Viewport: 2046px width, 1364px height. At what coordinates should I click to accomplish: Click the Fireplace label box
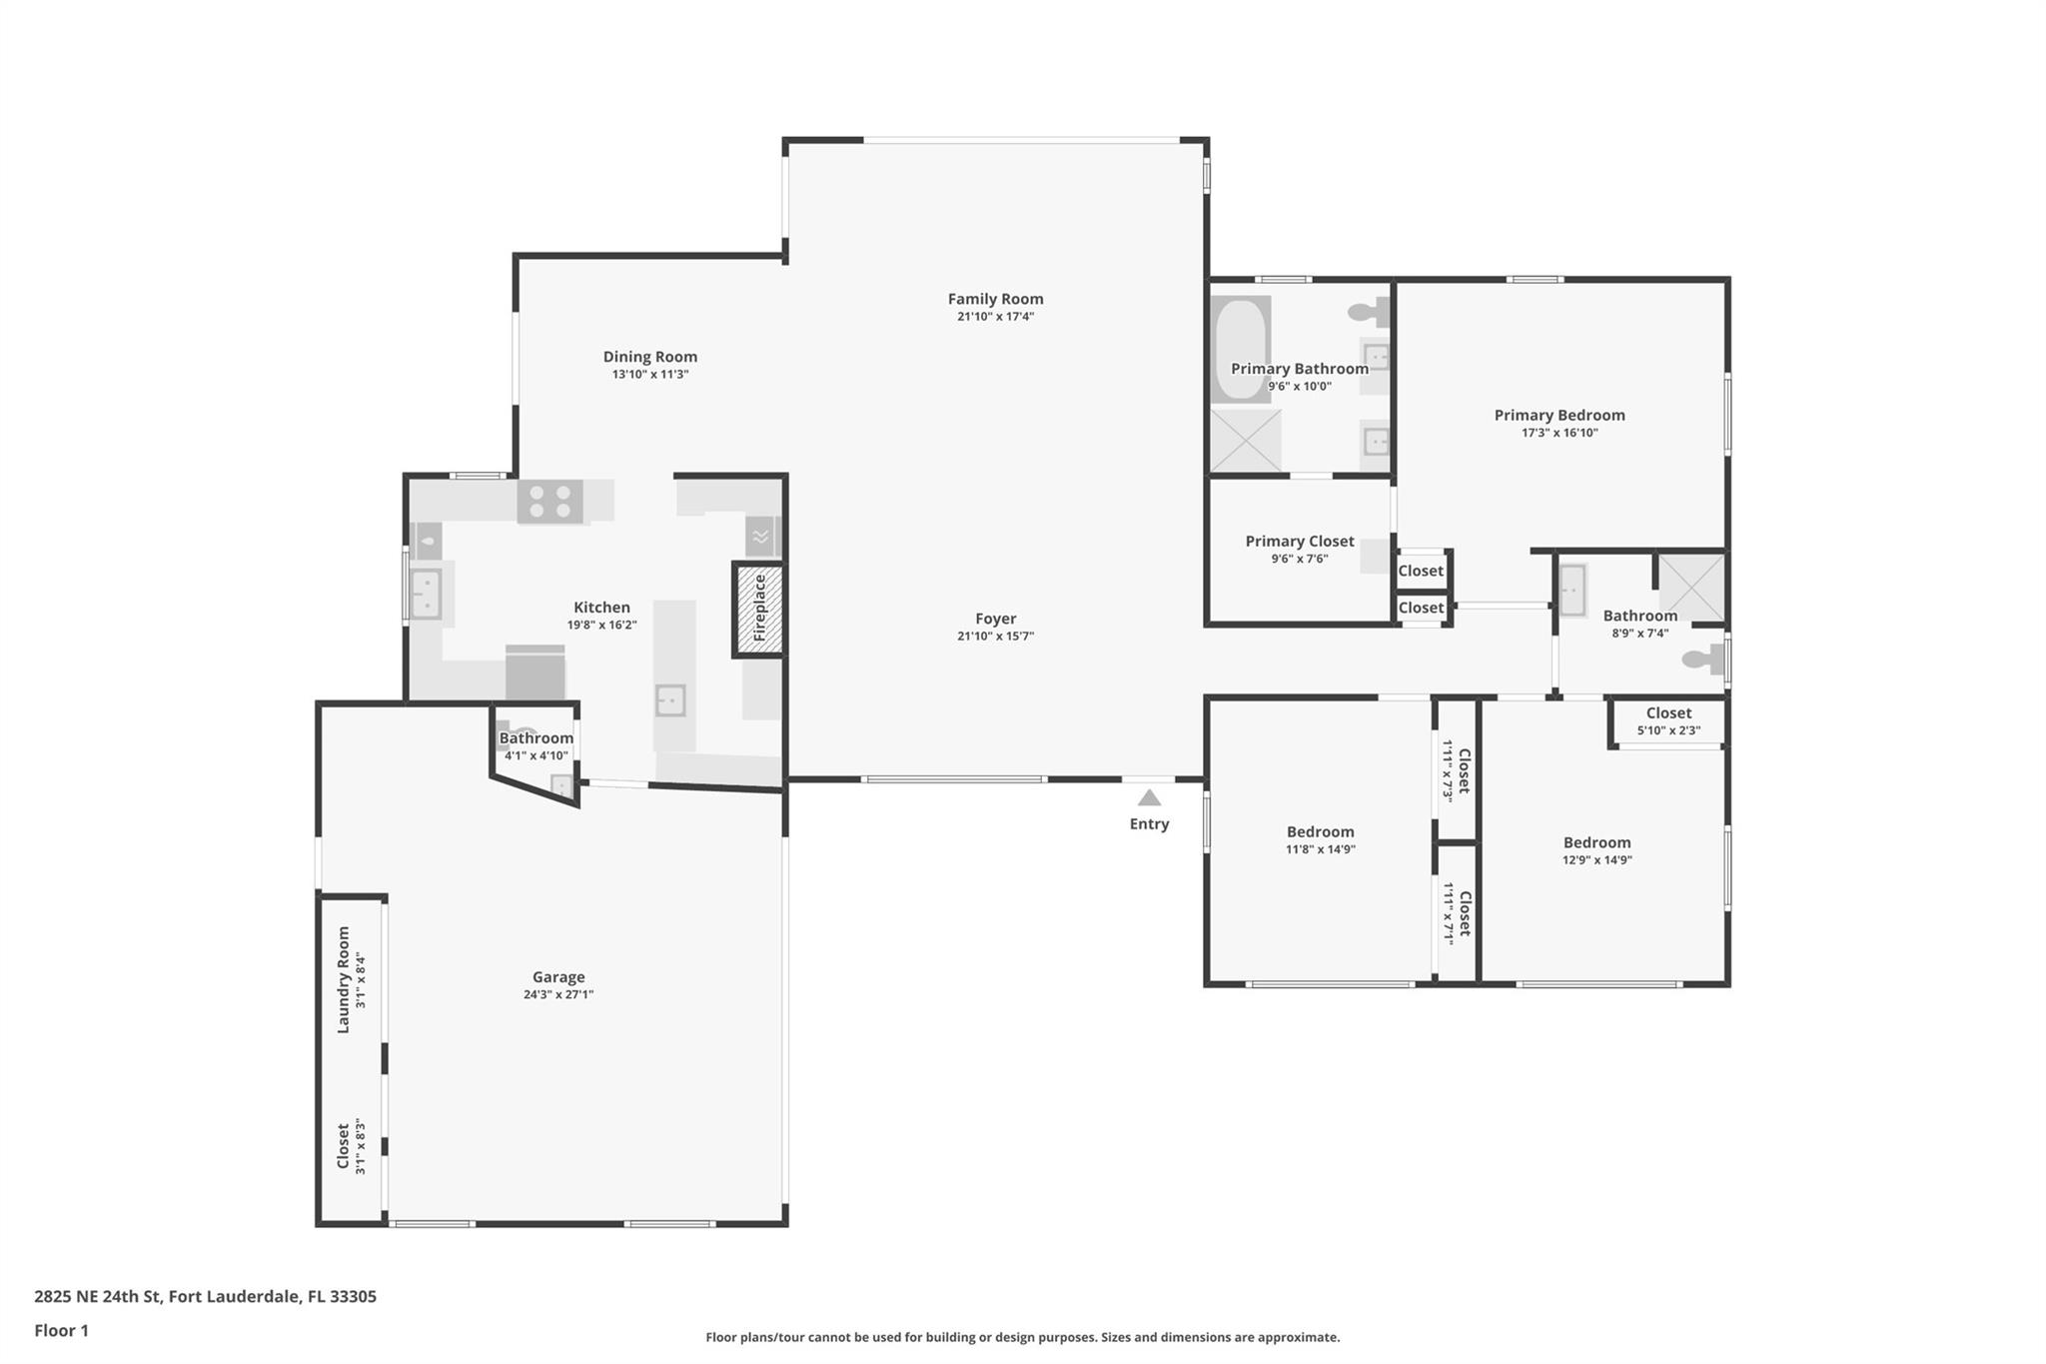pyautogui.click(x=759, y=609)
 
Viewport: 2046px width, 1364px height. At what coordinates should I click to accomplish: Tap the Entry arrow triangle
pyautogui.click(x=1149, y=797)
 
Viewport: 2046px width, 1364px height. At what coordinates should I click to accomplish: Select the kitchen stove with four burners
pyautogui.click(x=549, y=502)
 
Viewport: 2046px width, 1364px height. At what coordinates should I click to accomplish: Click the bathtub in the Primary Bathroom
pyautogui.click(x=1240, y=348)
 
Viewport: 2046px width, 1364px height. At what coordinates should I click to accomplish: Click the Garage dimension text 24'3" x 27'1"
pyautogui.click(x=557, y=994)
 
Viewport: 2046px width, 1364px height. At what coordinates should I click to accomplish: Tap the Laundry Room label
pyautogui.click(x=344, y=979)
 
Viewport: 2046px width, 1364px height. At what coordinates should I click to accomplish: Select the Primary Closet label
pyautogui.click(x=1299, y=541)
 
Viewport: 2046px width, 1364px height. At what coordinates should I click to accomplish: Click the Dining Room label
pyautogui.click(x=649, y=357)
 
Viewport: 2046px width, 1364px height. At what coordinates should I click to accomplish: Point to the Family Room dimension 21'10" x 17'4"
pyautogui.click(x=995, y=317)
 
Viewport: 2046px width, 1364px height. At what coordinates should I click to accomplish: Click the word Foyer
pyautogui.click(x=995, y=619)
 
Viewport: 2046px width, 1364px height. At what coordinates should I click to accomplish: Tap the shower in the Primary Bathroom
pyautogui.click(x=1245, y=441)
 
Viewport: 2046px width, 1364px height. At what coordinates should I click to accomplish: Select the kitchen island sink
pyautogui.click(x=670, y=700)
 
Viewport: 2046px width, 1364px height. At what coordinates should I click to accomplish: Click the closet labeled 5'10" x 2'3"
pyautogui.click(x=1668, y=720)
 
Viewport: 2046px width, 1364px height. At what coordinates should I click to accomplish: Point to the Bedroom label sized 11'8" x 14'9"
pyautogui.click(x=1320, y=831)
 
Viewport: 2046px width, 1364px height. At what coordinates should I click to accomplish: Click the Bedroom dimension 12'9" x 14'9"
pyautogui.click(x=1596, y=859)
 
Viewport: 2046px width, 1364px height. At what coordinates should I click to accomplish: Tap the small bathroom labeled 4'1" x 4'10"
pyautogui.click(x=535, y=746)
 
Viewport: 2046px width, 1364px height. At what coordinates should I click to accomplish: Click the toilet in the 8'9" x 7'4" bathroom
pyautogui.click(x=1702, y=659)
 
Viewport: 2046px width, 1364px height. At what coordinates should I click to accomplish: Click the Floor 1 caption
pyautogui.click(x=61, y=1330)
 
